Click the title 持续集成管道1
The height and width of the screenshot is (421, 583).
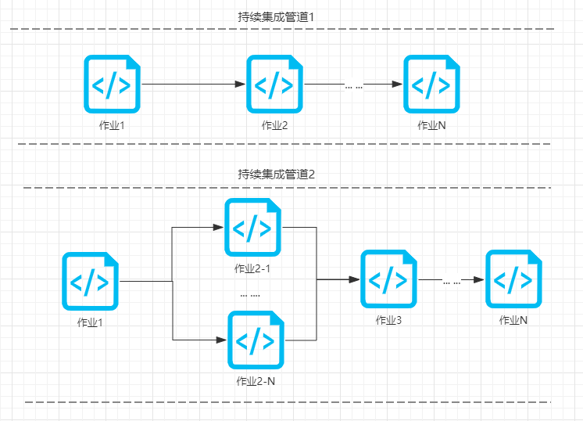[276, 17]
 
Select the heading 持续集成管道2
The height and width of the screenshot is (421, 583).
[276, 175]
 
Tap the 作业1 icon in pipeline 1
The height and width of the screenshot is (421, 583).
[112, 85]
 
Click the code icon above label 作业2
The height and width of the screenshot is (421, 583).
[274, 85]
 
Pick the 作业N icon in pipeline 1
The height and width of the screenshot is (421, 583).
[431, 85]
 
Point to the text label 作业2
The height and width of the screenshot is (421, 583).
[274, 125]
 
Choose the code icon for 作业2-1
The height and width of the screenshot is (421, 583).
[253, 227]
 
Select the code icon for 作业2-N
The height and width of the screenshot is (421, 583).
[256, 340]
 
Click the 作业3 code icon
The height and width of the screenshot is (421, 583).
[388, 279]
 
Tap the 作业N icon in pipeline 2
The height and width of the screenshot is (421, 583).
[513, 279]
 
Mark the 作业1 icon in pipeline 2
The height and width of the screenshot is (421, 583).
[90, 281]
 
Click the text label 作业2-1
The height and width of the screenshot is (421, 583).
[252, 268]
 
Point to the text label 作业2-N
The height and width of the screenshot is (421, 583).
[256, 381]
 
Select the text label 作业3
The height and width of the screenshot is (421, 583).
[388, 320]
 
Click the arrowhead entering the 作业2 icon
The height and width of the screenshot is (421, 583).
[241, 85]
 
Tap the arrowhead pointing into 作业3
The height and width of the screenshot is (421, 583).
[355, 279]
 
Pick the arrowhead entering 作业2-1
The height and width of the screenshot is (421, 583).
[218, 227]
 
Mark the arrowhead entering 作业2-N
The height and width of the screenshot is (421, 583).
[222, 340]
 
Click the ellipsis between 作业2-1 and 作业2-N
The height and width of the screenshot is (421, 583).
[250, 296]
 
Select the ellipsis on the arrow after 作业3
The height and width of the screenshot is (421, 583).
[452, 282]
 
